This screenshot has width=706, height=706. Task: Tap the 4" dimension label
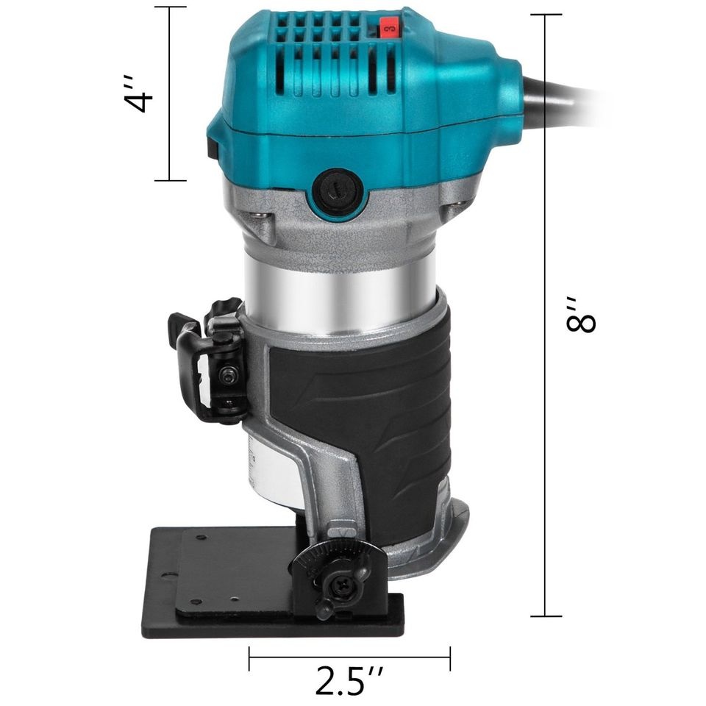[139, 93]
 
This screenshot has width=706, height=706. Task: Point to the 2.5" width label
[349, 680]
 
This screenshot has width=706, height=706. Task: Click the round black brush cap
[338, 193]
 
